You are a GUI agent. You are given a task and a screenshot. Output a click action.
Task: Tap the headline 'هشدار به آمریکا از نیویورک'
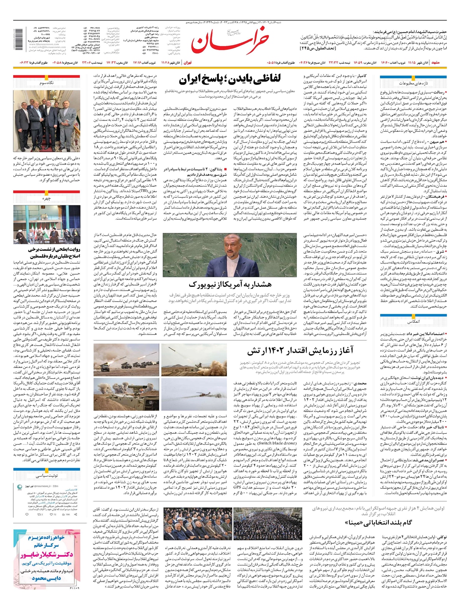click(230, 284)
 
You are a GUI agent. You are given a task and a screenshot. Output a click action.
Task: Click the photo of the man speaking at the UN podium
click(230, 255)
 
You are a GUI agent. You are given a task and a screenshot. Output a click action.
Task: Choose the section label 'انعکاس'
click(413, 322)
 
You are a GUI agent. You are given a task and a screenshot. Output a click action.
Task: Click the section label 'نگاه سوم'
click(47, 83)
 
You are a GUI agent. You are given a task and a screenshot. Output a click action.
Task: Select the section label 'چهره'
click(47, 198)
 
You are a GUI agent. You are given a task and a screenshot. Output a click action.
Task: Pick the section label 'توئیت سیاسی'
click(47, 476)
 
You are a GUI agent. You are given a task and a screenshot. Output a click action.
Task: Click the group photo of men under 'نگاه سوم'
click(47, 121)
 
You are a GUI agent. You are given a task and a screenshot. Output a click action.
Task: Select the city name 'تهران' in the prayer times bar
click(188, 62)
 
